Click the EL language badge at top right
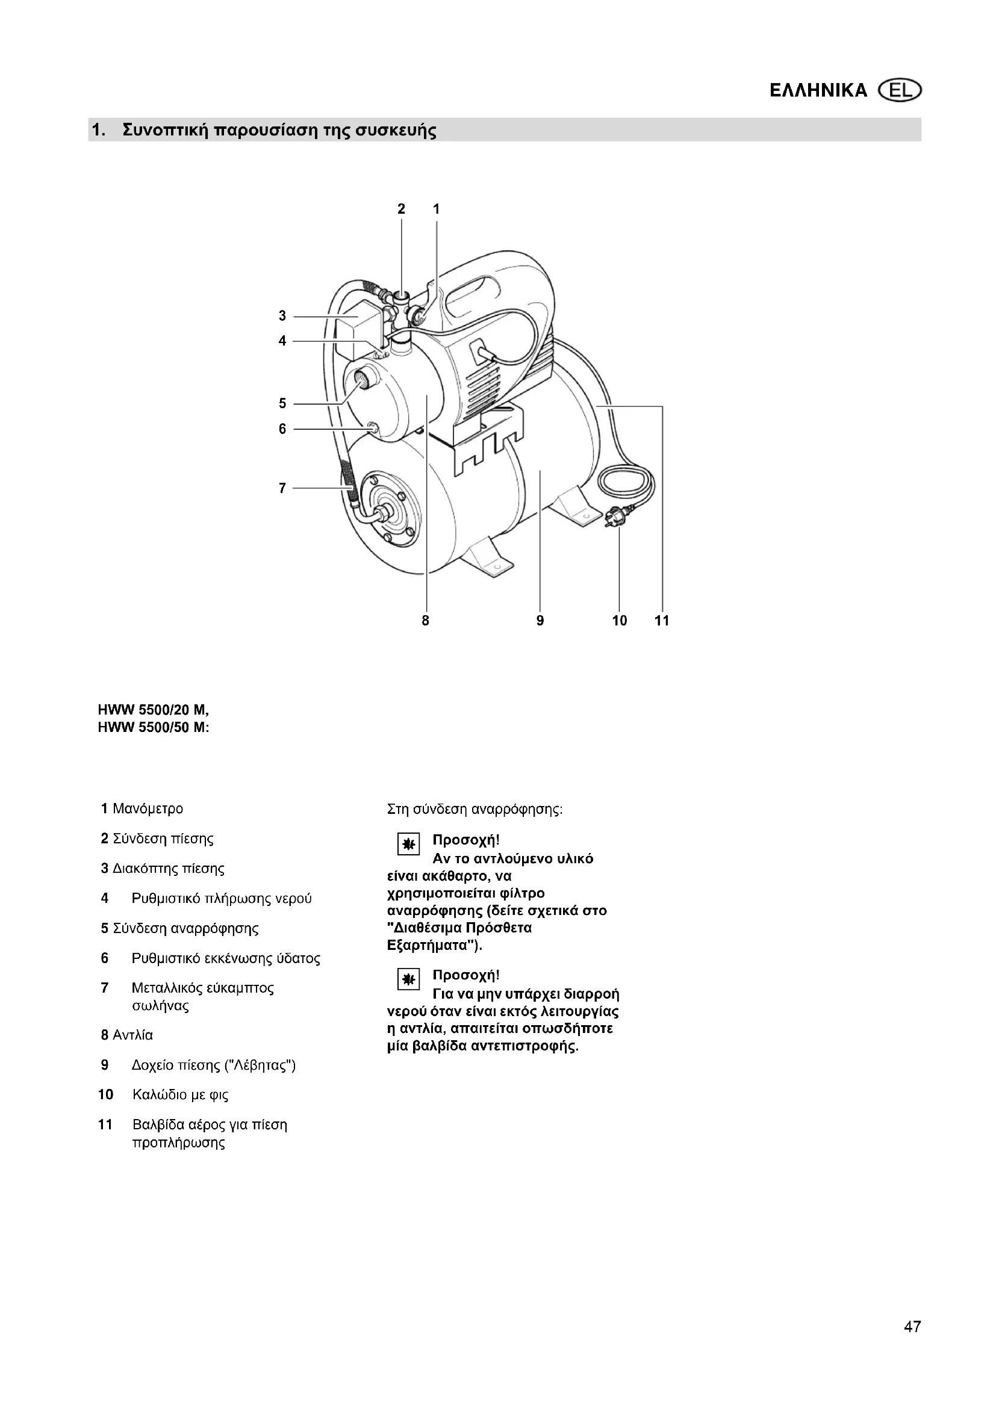click(x=900, y=91)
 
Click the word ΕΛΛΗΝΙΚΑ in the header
click(x=818, y=91)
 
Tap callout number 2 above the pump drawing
click(x=401, y=209)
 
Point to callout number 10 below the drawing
click(x=620, y=621)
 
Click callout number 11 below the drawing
click(x=662, y=621)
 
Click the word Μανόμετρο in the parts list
click(x=148, y=809)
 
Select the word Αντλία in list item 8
click(x=133, y=1035)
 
